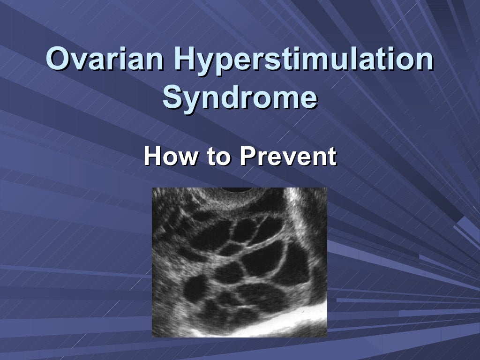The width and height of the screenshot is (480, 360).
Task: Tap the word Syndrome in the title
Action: pos(240,97)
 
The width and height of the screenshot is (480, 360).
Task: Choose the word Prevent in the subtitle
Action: pos(288,156)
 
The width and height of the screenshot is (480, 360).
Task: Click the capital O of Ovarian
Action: pos(58,60)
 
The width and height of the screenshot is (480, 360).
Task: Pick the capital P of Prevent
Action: pos(247,156)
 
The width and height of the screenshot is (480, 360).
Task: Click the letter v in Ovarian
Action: pos(78,61)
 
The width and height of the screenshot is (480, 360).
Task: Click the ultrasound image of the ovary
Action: pos(239,262)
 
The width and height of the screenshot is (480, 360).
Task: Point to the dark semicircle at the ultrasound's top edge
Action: pos(237,189)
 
